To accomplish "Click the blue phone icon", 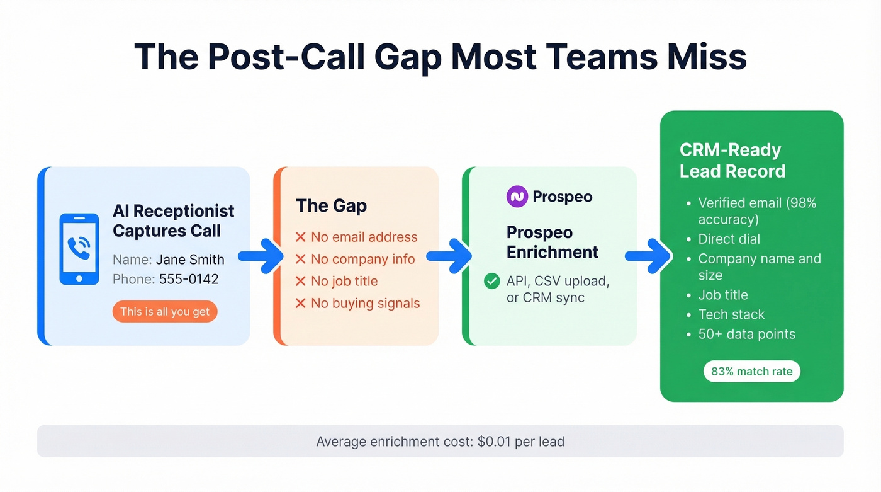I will pos(79,249).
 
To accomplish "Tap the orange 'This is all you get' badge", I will pos(165,312).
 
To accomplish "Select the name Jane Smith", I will pos(190,260).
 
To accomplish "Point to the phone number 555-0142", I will pos(189,279).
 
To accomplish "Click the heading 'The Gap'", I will pos(331,205).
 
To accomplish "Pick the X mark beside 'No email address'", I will pos(301,237).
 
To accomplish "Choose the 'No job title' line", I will pos(344,281).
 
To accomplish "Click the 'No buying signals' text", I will pos(365,303).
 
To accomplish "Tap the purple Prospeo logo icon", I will pos(517,197).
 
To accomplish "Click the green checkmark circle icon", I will pos(491,282).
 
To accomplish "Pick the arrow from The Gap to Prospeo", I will pos(449,256).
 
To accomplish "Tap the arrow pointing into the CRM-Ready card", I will pos(648,256).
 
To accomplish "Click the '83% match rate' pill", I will pos(751,371).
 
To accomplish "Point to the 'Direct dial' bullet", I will pos(729,239).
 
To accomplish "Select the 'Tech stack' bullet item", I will pos(731,314).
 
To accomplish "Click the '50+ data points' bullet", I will pos(746,334).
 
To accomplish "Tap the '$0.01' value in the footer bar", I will pos(494,441).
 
